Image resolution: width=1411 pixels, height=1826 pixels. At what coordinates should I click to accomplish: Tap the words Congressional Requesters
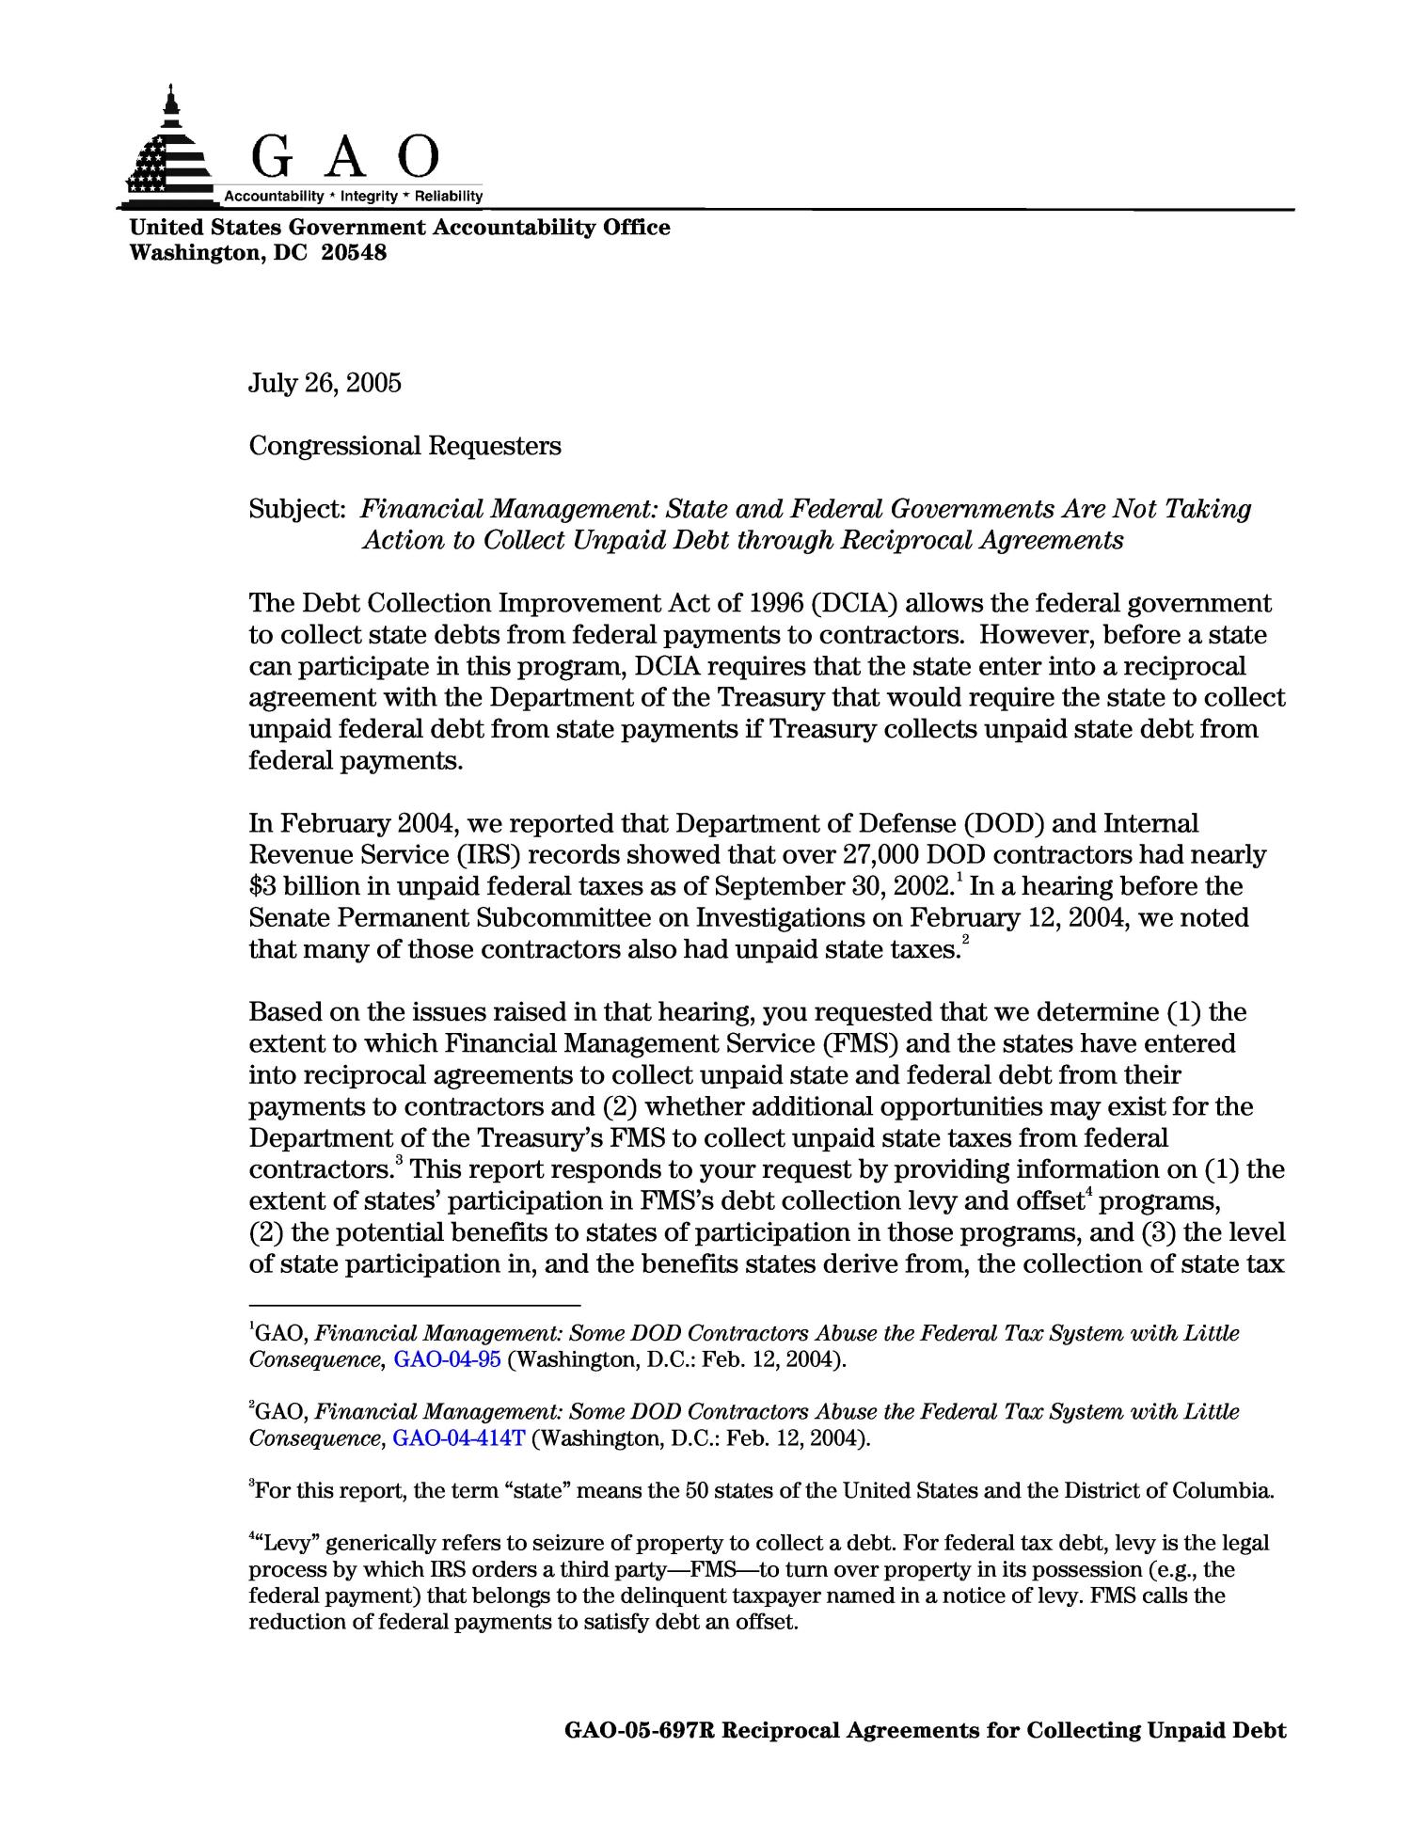[404, 445]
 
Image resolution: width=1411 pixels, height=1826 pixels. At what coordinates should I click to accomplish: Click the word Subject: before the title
[298, 509]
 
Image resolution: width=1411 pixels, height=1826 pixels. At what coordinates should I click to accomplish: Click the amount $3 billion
[293, 887]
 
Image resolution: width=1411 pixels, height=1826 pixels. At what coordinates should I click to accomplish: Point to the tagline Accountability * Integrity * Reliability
[353, 196]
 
